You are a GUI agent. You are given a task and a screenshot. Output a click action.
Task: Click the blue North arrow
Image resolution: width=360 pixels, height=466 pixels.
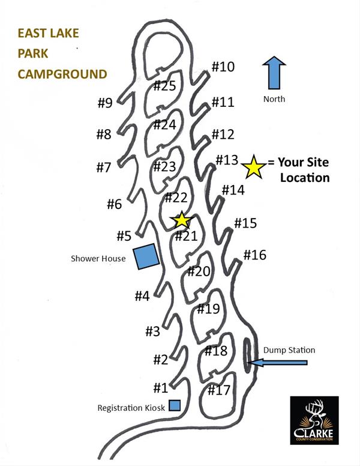[274, 74]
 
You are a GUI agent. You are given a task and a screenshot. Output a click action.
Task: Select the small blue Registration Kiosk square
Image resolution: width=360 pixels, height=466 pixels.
[175, 405]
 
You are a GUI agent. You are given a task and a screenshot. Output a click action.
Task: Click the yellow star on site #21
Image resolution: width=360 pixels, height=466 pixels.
[181, 219]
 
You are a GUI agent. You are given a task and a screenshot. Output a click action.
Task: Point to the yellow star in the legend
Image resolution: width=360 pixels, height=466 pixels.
[253, 167]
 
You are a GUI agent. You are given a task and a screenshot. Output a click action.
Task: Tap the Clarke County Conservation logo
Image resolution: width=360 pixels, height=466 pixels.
[314, 420]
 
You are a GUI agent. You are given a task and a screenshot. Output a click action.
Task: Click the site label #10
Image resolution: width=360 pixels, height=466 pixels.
[223, 67]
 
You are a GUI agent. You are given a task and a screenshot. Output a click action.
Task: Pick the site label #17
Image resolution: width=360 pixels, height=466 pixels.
[219, 390]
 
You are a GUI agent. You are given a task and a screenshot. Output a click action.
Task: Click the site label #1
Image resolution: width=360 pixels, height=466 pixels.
[160, 388]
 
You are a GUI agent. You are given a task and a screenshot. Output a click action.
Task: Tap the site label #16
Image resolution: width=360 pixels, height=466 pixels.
[254, 255]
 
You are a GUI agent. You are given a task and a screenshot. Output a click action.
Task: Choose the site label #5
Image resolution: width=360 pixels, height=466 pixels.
[124, 236]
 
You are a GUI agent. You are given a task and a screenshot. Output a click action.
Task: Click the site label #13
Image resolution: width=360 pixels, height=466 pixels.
[227, 160]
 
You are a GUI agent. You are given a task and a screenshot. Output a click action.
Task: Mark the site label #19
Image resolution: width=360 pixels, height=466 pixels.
[209, 310]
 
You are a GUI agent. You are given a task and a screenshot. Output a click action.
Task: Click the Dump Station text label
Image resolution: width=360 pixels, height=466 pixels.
[289, 350]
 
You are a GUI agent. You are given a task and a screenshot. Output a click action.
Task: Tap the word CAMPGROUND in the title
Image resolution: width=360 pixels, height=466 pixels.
[62, 74]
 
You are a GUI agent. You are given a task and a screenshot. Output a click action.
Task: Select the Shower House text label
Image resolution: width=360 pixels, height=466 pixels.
[98, 259]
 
